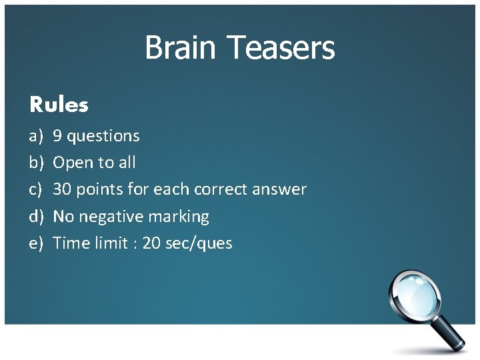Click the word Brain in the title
(x=182, y=48)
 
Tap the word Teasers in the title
(x=281, y=48)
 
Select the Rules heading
(x=59, y=105)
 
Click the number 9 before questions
(x=57, y=136)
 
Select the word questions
(x=103, y=137)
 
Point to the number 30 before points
(x=62, y=189)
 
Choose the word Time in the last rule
(x=70, y=243)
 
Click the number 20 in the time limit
(x=151, y=243)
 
